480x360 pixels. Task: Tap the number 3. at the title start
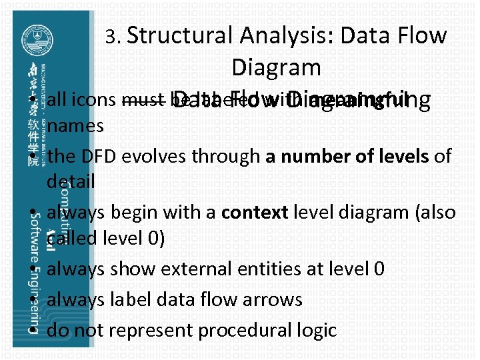pyautogui.click(x=113, y=37)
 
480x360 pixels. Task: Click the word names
pyautogui.click(x=75, y=126)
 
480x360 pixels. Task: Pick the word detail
pyautogui.click(x=71, y=181)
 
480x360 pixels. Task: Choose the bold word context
pyautogui.click(x=255, y=213)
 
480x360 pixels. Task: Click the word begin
pyautogui.click(x=141, y=213)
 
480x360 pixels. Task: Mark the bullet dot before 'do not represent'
pyautogui.click(x=33, y=330)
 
